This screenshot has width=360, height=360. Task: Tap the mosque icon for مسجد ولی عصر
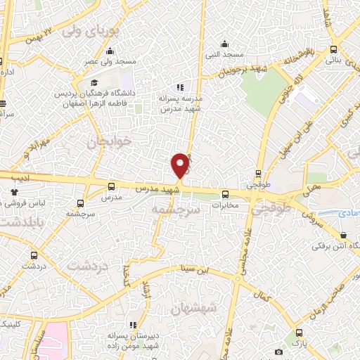pyautogui.click(x=110, y=51)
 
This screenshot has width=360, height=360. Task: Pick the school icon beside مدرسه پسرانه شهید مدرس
pyautogui.click(x=181, y=87)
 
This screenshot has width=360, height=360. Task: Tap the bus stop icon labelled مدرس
pyautogui.click(x=111, y=187)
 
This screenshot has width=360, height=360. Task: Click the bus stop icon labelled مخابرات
pyautogui.click(x=226, y=195)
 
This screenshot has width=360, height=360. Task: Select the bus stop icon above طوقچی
pyautogui.click(x=259, y=173)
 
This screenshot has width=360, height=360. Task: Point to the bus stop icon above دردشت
pyautogui.click(x=34, y=255)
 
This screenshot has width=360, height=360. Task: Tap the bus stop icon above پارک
pyautogui.click(x=300, y=332)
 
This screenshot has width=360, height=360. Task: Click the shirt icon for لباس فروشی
pyautogui.click(x=13, y=191)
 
